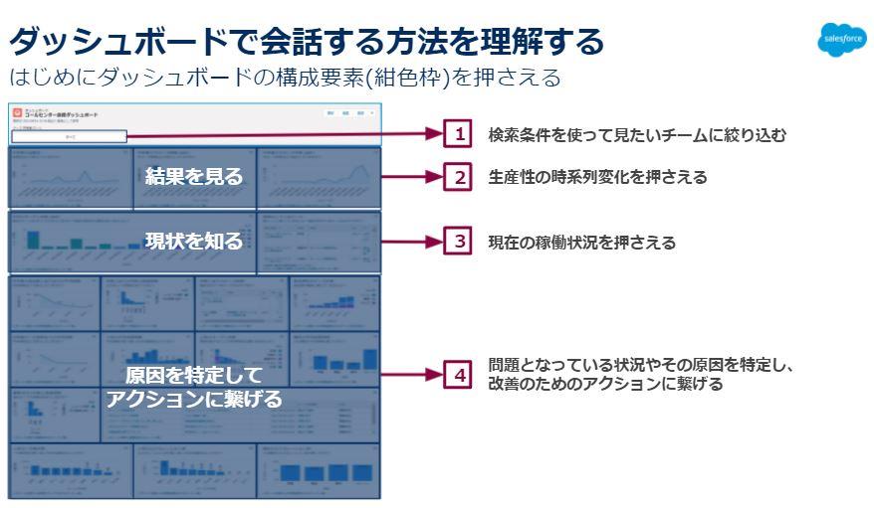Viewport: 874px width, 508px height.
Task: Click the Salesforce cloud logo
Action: (x=840, y=41)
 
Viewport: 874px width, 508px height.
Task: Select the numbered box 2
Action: (x=459, y=178)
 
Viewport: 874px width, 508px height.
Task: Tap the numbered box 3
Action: (x=459, y=241)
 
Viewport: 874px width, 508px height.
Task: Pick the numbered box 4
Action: (x=459, y=375)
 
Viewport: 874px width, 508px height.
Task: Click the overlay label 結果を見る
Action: (x=193, y=177)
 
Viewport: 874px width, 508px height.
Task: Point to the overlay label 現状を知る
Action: (x=193, y=241)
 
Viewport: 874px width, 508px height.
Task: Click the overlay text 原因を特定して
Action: (x=193, y=376)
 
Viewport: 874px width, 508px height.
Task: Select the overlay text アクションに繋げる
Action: (x=193, y=400)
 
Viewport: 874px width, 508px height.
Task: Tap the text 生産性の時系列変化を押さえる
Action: (x=597, y=178)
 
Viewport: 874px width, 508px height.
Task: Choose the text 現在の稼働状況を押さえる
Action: (x=581, y=242)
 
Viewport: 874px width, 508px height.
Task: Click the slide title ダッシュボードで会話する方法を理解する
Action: (x=306, y=42)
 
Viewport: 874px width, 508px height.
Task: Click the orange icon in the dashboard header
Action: (x=17, y=112)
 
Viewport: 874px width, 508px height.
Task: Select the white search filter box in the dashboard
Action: (x=70, y=136)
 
